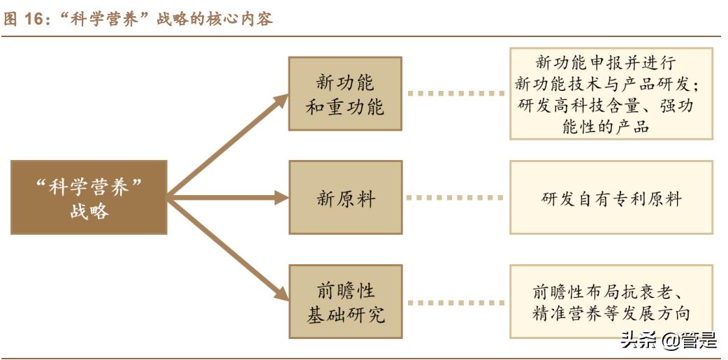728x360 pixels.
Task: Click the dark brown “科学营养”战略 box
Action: point(89,198)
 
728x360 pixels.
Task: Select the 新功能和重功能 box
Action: point(345,94)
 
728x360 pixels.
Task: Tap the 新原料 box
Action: point(345,198)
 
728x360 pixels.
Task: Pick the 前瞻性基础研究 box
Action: point(345,302)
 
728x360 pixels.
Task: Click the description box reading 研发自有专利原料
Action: point(611,198)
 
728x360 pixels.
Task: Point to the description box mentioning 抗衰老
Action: point(611,302)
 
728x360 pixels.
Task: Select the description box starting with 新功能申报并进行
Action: point(611,94)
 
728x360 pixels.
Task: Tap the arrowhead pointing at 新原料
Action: point(282,198)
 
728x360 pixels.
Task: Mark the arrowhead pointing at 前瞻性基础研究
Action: point(282,295)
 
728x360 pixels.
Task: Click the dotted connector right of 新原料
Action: point(455,198)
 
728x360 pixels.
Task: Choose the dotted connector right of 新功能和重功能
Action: point(455,93)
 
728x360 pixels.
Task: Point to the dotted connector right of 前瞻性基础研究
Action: point(455,302)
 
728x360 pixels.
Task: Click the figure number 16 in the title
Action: point(33,20)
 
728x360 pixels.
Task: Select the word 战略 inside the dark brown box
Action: point(89,211)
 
